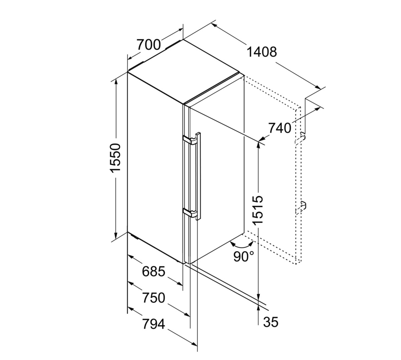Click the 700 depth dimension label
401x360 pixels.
click(x=149, y=45)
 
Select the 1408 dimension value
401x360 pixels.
click(x=262, y=52)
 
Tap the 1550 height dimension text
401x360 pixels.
click(x=116, y=158)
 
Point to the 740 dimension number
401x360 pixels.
click(x=280, y=128)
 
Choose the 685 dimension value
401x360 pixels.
click(x=154, y=272)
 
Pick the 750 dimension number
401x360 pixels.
click(x=154, y=298)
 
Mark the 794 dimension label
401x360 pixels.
click(x=154, y=324)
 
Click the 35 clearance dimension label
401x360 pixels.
click(x=271, y=322)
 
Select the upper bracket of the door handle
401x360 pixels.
click(x=190, y=140)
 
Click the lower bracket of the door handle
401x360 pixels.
click(x=190, y=212)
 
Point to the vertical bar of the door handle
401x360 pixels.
click(x=198, y=176)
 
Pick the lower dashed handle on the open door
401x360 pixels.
click(x=301, y=208)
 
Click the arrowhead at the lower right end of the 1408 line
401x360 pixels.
click(x=318, y=87)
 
